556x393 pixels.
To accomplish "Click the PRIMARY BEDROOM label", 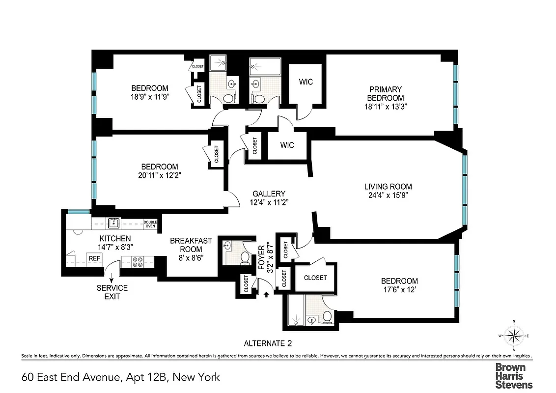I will [x=386, y=94].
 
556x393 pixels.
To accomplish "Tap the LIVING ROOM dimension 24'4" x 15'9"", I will [x=388, y=195].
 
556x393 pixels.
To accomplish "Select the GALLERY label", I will [x=269, y=194].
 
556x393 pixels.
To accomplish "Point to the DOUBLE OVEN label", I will [x=150, y=224].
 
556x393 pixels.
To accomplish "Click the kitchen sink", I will [x=114, y=224].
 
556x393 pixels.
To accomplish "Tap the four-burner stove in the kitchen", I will [x=137, y=262].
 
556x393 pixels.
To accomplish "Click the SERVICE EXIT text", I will [x=112, y=292].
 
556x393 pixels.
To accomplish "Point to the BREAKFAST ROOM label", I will [x=191, y=244].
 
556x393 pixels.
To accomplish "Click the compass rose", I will [x=514, y=336].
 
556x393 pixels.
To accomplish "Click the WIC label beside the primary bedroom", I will [x=306, y=82].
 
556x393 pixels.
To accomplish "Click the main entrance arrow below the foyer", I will [x=266, y=294].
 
